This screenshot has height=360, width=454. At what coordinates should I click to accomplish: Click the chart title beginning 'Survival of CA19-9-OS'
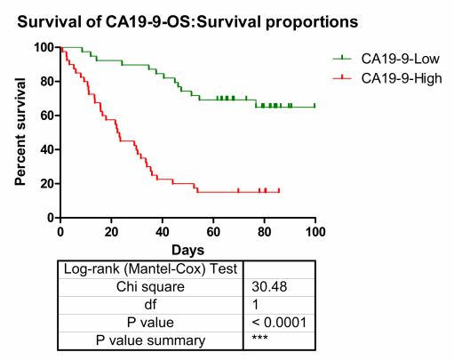pos(187,22)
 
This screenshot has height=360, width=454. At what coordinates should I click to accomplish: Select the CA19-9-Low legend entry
pos(386,59)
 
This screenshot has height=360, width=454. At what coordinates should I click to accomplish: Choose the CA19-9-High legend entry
pos(387,78)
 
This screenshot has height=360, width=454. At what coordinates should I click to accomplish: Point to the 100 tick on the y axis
pos(44,47)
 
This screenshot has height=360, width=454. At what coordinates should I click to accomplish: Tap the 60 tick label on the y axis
pos(47,116)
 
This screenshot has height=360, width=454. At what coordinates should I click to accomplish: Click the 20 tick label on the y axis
pos(47,184)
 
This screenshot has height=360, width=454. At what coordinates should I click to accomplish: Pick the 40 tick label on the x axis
pos(163,232)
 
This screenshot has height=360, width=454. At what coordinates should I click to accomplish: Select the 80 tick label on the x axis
pos(264,232)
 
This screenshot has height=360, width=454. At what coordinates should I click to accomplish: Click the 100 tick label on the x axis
pos(315,232)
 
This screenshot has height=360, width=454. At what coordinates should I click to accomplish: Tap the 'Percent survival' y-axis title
pos(20,132)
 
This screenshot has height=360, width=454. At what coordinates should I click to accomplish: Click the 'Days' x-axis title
pos(187,251)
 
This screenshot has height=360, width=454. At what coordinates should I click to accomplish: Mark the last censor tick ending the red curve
pos(279,190)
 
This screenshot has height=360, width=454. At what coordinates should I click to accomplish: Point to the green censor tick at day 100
pos(315,106)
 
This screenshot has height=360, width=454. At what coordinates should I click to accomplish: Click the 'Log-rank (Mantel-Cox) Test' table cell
pos(150,269)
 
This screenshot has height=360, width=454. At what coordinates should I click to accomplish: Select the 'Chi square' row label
pos(150,287)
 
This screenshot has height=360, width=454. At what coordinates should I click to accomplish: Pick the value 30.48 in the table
pos(269,286)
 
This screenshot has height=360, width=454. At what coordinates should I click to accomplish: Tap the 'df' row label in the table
pos(150,304)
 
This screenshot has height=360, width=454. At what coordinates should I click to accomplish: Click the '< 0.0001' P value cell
pos(279,322)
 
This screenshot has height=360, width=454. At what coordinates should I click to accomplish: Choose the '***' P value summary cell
pos(259,337)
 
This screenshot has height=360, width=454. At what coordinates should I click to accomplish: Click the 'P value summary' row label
pos(150,340)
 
